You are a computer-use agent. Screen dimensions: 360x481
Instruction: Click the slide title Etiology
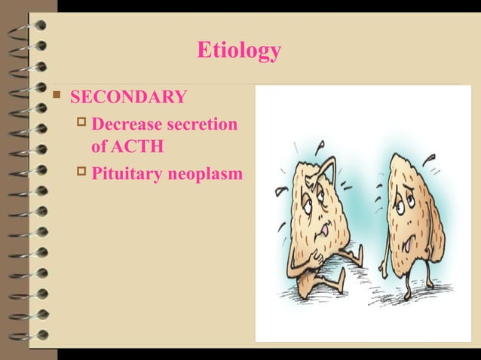tap(239, 50)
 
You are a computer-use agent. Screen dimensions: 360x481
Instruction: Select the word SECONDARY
tap(128, 97)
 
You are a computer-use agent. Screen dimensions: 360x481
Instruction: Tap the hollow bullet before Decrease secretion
tap(82, 124)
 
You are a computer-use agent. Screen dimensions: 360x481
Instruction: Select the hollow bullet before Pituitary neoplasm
tap(82, 173)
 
